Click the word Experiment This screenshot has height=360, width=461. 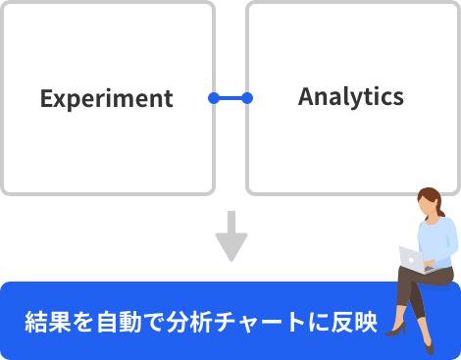106,99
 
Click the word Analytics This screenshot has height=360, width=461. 350,97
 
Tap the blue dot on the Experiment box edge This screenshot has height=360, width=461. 214,98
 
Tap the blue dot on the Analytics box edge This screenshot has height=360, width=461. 247,98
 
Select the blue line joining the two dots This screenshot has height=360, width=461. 230,98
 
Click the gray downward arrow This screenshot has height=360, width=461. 231,235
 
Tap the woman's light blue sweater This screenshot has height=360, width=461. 438,240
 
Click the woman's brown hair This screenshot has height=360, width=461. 424,196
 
